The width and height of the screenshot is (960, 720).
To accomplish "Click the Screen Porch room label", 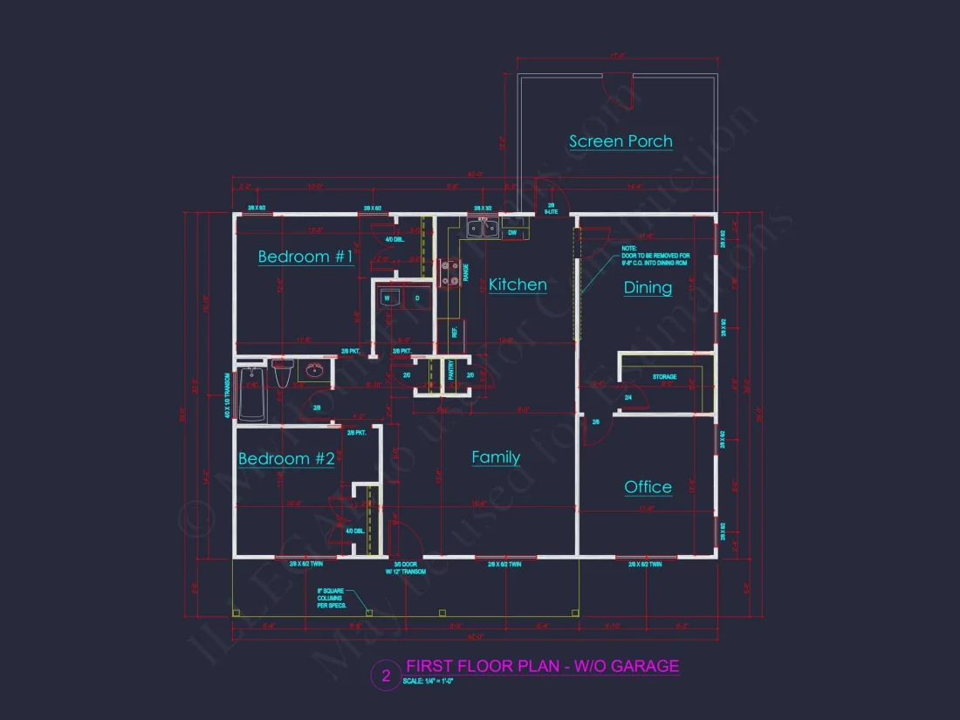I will click(x=621, y=141).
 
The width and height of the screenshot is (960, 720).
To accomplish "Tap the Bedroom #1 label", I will click(x=305, y=257).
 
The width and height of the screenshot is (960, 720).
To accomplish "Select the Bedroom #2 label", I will click(x=286, y=459).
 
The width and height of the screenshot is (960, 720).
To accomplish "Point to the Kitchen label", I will click(x=518, y=285).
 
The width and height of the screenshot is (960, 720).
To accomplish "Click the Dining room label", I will click(x=648, y=287).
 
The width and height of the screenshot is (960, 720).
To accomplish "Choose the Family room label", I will click(x=496, y=457).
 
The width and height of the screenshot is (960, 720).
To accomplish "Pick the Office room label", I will click(x=648, y=487).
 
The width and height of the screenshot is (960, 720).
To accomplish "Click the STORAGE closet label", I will click(x=665, y=377).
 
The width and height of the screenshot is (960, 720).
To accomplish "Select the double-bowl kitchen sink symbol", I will click(x=481, y=230).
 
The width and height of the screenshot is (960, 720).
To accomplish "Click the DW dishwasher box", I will click(x=512, y=232).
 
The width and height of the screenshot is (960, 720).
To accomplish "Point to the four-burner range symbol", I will click(x=449, y=274).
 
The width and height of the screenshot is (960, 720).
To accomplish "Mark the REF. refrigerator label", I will click(x=455, y=332).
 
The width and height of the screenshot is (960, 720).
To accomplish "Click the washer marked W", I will click(x=387, y=298).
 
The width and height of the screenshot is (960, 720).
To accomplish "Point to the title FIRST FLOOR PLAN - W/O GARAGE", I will click(x=542, y=667).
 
